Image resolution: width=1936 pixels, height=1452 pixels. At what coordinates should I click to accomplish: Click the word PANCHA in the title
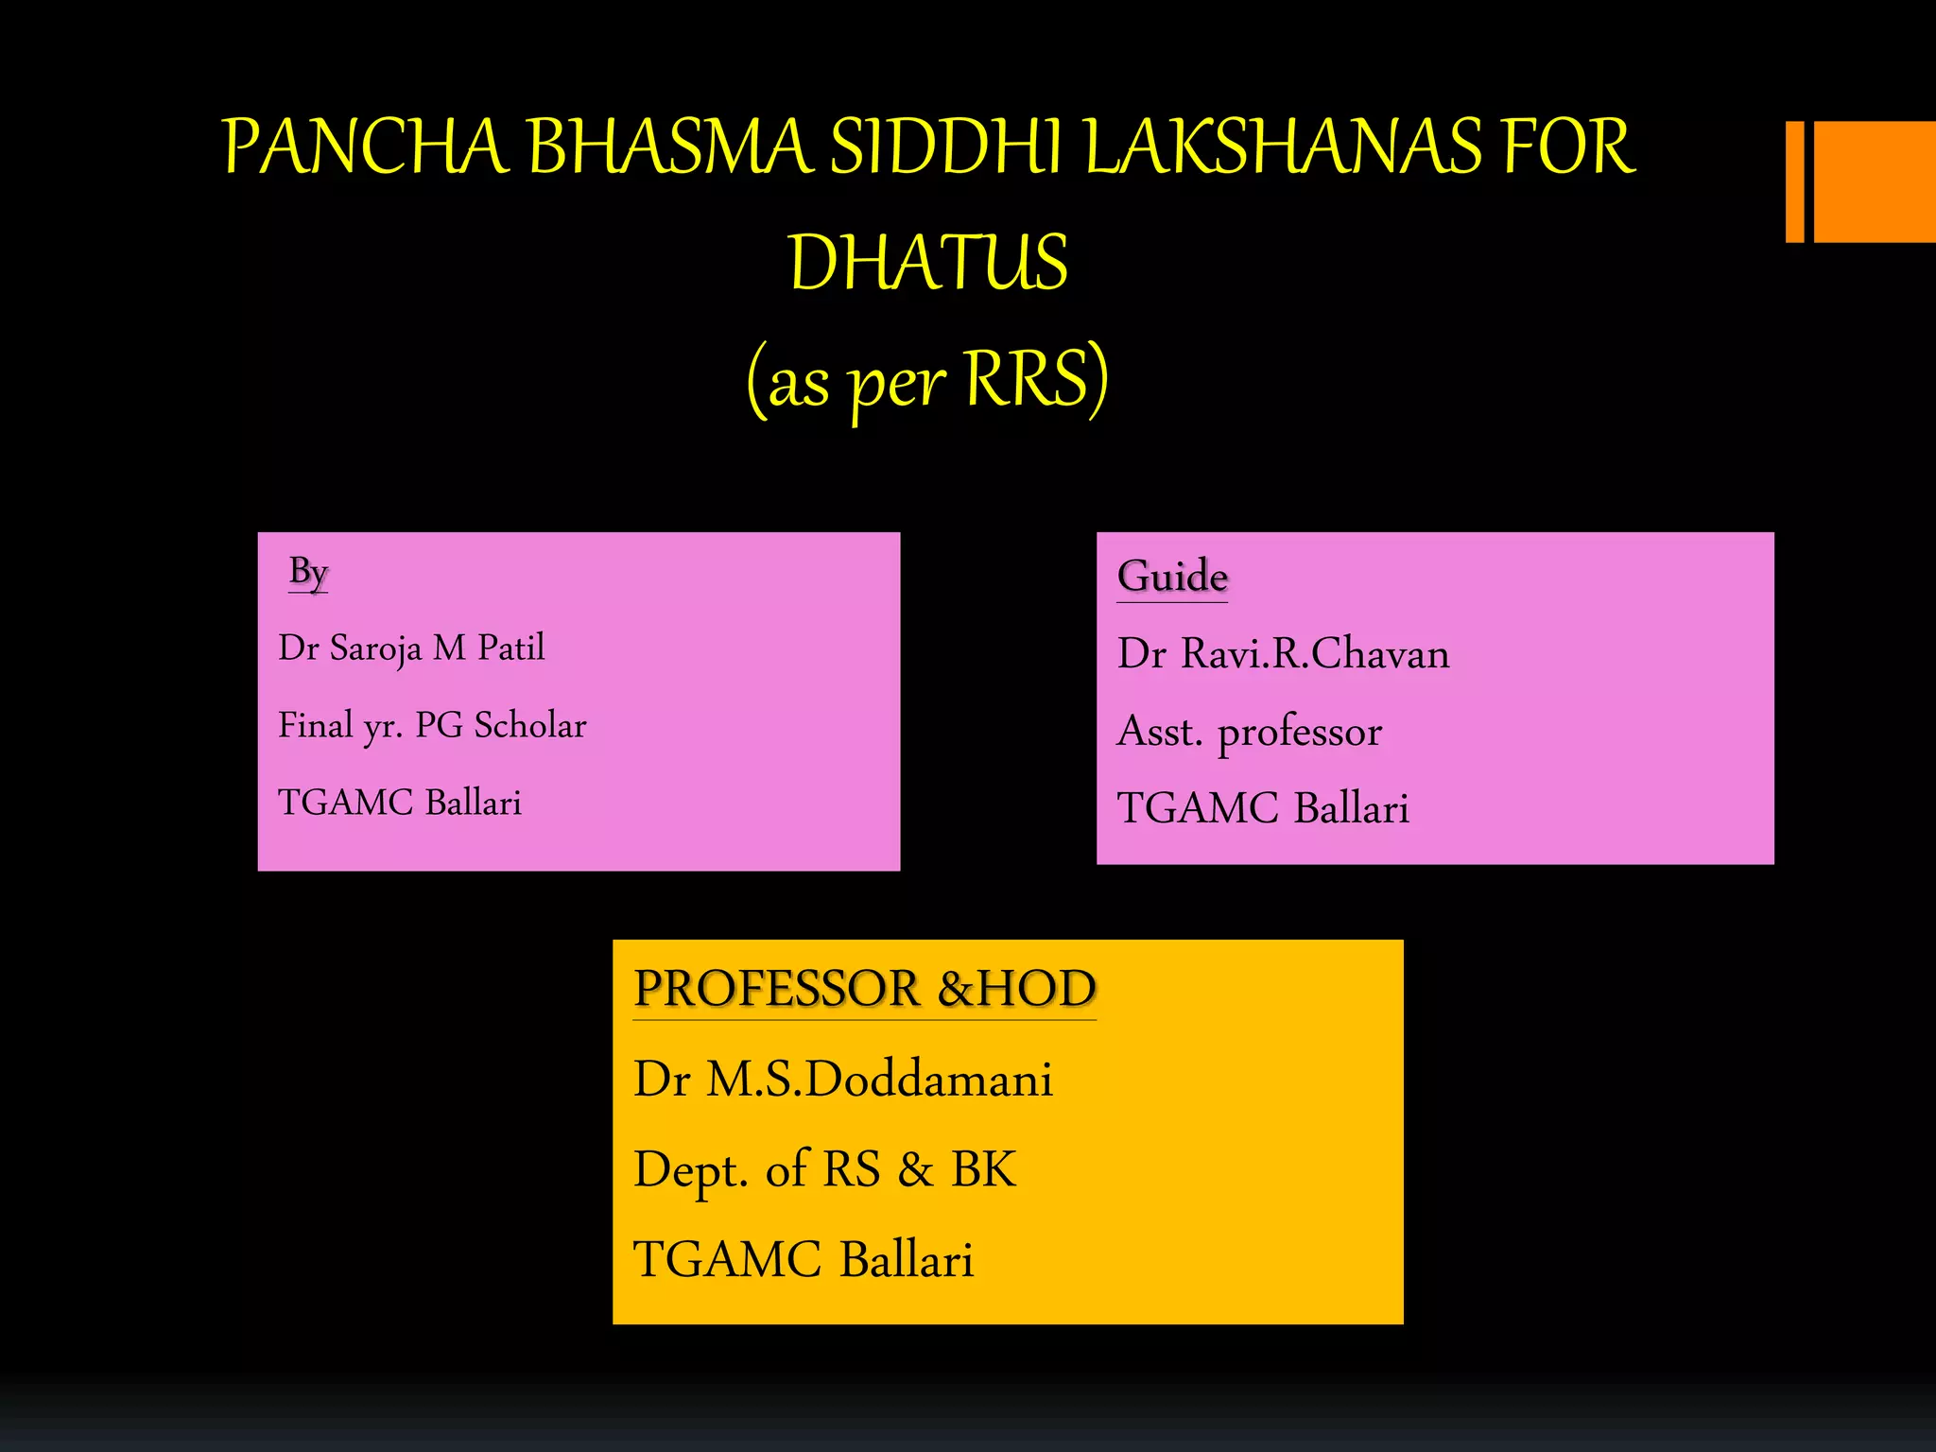pyautogui.click(x=364, y=147)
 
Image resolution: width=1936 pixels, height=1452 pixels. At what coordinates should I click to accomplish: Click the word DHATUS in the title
pyautogui.click(x=928, y=263)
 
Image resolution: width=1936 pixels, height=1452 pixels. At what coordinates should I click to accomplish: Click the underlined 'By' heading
pyautogui.click(x=308, y=572)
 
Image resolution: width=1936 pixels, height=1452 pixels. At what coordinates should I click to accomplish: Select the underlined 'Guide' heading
pyautogui.click(x=1172, y=577)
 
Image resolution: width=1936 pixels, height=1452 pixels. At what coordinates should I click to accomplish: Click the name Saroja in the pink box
pyautogui.click(x=375, y=648)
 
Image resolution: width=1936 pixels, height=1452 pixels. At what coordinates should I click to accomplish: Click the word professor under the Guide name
pyautogui.click(x=1300, y=733)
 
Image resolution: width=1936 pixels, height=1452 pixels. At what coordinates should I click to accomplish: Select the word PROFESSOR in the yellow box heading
pyautogui.click(x=776, y=989)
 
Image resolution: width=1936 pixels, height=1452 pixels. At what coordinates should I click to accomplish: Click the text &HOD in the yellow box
pyautogui.click(x=1017, y=989)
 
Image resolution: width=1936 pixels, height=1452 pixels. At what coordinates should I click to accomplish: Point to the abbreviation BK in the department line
pyautogui.click(x=983, y=1169)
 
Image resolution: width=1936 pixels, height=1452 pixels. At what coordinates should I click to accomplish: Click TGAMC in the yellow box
pyautogui.click(x=728, y=1260)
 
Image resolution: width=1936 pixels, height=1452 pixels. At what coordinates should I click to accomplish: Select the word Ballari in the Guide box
pyautogui.click(x=1351, y=809)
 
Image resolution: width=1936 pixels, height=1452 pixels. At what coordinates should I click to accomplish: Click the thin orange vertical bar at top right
pyautogui.click(x=1794, y=181)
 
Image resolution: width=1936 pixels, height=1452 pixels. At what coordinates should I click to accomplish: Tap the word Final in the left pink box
pyautogui.click(x=315, y=726)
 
